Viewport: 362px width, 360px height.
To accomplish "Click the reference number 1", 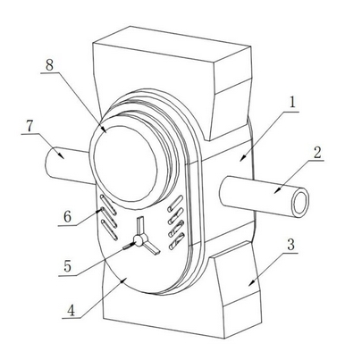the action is point(292,103).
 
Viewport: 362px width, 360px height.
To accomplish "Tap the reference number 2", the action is point(317,153).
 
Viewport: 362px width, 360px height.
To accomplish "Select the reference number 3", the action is point(290,245).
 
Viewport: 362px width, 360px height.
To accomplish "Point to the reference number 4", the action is point(72,311).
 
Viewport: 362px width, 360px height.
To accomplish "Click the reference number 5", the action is point(68,266).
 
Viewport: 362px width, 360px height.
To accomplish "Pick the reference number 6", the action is point(68,216).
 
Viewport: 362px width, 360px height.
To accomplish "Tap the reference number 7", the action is point(29,126).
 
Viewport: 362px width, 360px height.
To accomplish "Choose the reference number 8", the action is point(49,65).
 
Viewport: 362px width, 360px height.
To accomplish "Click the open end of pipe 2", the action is point(300,204).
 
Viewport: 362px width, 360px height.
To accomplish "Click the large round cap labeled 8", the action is point(125,163).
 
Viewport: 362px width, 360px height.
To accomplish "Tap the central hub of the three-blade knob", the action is point(138,240).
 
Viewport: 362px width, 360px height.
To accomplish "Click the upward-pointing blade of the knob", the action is point(140,226).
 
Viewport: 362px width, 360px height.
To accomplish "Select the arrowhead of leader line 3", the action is point(252,282).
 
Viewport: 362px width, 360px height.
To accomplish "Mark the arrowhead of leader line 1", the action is point(242,158).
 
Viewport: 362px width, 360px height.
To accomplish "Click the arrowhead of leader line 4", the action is point(123,280).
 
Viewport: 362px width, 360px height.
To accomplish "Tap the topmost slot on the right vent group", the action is point(175,204).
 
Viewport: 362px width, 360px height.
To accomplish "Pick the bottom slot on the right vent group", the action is point(176,241).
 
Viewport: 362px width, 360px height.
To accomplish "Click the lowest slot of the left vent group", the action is point(109,230).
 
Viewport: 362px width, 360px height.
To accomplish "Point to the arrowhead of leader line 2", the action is point(278,190).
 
